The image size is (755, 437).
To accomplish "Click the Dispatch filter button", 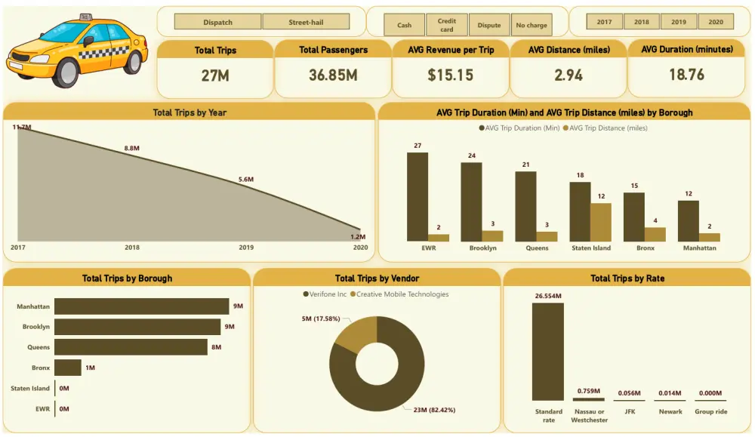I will [217, 23].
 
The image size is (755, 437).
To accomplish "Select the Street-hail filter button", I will [306, 23].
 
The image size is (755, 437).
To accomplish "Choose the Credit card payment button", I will [446, 25].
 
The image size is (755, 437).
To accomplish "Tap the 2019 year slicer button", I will [679, 22].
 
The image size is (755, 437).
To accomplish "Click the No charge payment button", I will [532, 25].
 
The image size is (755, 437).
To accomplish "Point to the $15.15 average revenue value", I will [451, 75].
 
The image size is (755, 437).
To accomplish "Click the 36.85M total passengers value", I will [333, 75].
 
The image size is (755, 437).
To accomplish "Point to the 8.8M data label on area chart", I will [132, 149].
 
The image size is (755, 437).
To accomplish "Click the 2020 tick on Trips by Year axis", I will [360, 247].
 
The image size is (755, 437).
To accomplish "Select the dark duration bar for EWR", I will [418, 196].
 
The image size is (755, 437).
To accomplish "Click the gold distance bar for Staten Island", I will [600, 222].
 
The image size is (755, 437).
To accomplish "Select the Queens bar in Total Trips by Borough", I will [131, 347].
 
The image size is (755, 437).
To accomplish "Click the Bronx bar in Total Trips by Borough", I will [68, 368].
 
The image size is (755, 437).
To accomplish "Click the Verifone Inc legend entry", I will [325, 294].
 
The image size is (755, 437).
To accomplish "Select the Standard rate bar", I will [547, 351].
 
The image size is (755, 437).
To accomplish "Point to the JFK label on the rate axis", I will [629, 412].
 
